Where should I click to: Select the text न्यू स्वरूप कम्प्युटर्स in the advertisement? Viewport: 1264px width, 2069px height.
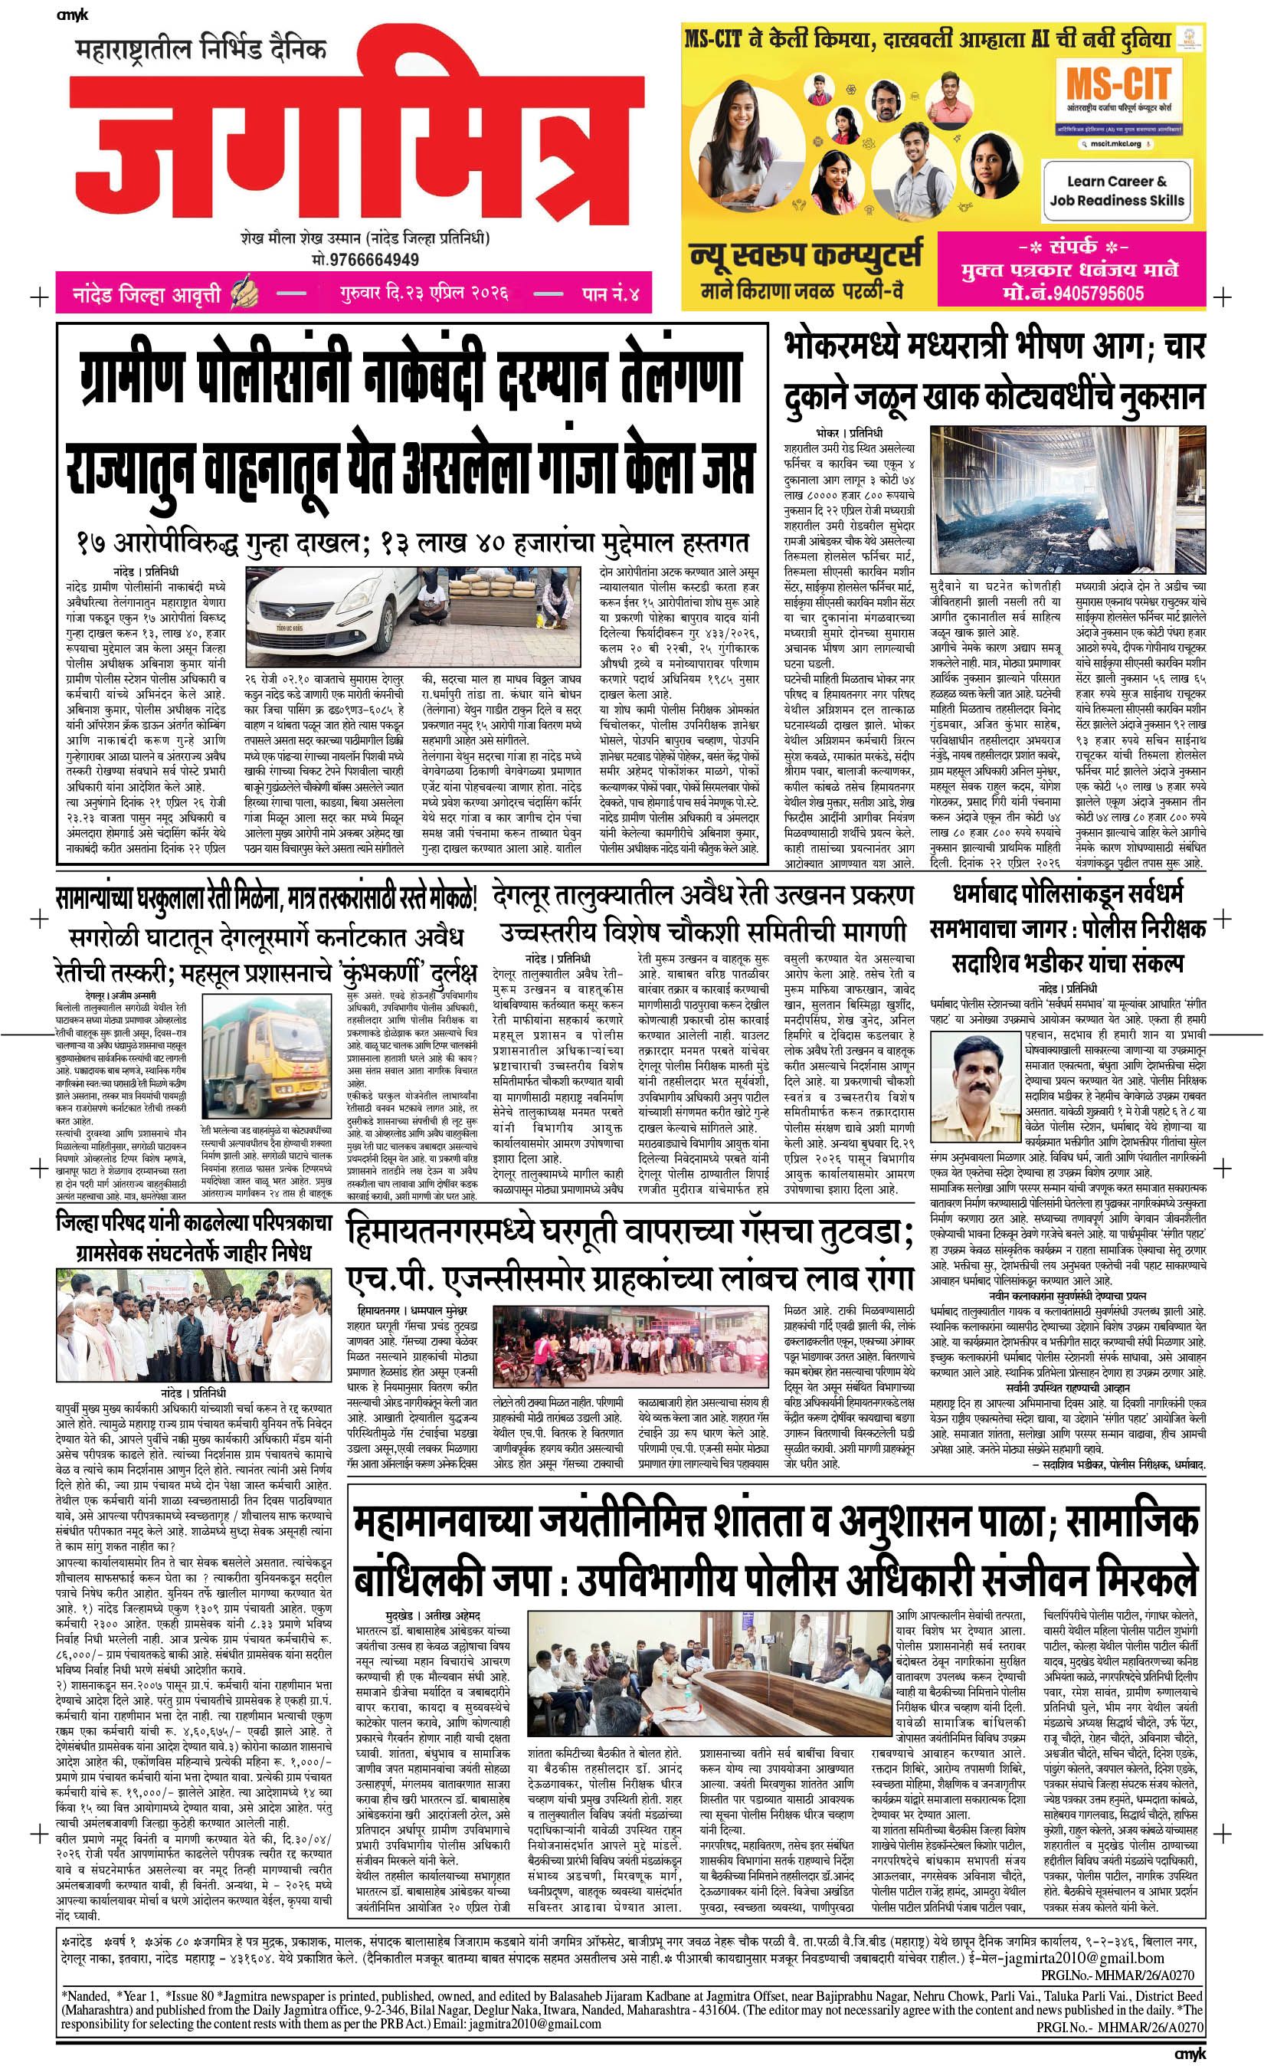806,254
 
